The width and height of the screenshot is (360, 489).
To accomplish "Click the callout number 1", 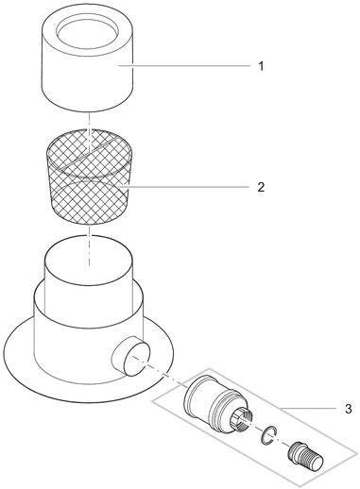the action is click(x=261, y=66).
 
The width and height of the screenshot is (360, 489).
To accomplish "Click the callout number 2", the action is click(x=261, y=187).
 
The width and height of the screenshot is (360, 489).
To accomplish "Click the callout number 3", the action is click(x=348, y=409).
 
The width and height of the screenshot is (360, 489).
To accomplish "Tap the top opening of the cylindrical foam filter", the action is click(x=88, y=32).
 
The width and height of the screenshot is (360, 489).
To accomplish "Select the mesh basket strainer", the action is click(x=89, y=177).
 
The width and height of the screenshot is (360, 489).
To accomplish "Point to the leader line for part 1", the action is click(x=184, y=65).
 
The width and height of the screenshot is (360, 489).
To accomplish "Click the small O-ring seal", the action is click(x=268, y=435).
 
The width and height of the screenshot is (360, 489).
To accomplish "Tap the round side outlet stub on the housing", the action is click(x=131, y=355).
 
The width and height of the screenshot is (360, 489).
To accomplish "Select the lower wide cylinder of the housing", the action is click(x=88, y=342).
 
